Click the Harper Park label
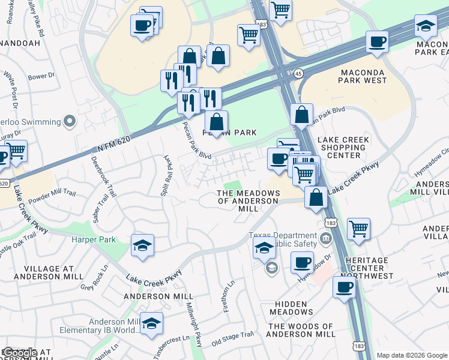point(89,239)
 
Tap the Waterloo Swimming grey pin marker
point(70,122)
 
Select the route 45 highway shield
point(298,73)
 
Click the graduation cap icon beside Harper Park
point(142,245)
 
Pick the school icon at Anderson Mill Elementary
point(151,323)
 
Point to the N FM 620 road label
point(113,143)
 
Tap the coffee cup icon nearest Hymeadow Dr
point(302,262)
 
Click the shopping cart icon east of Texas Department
point(358,227)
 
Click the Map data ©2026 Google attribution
point(411,355)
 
